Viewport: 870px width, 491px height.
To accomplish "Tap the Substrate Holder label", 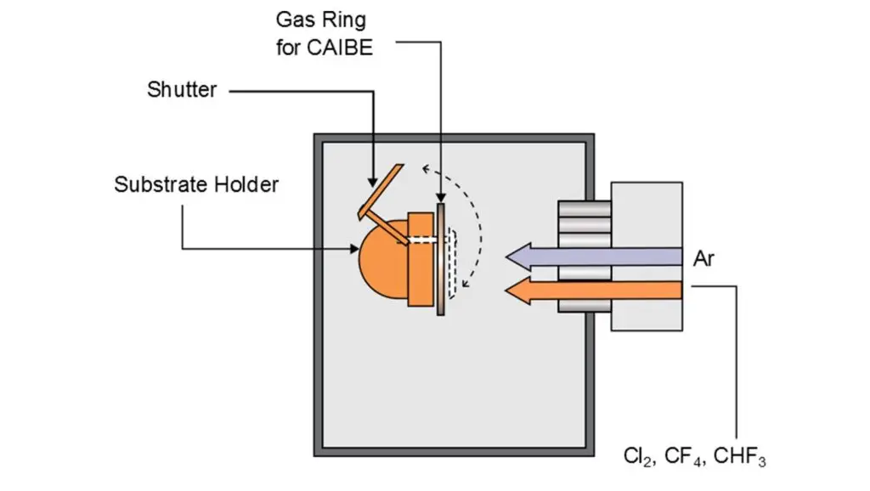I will coord(196,183).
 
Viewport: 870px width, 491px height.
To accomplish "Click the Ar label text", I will coord(703,258).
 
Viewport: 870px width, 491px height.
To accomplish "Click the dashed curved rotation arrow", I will coord(477,221).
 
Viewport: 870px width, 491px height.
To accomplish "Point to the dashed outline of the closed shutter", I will coord(454,263).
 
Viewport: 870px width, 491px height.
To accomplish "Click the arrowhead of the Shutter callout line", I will coord(372,181).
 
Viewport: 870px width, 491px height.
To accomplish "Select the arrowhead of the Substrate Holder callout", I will coord(356,249).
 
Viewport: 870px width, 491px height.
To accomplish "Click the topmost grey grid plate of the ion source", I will coord(584,208).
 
